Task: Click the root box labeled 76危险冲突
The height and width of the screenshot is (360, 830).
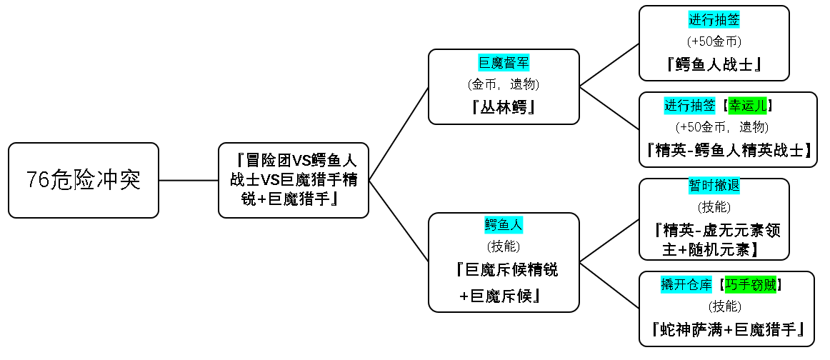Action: (x=84, y=180)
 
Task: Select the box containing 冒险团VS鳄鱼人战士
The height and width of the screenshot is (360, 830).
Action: (x=294, y=180)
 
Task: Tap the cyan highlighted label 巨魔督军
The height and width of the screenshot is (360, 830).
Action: (x=504, y=63)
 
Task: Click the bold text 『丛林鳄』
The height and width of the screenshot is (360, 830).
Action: (x=504, y=107)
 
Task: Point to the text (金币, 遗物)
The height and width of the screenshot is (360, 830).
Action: (x=504, y=84)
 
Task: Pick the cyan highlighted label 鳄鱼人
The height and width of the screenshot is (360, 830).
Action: (x=504, y=225)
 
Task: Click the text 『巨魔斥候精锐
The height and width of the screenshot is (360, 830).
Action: (x=506, y=270)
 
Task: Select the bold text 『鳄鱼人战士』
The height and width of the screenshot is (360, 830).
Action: (x=714, y=64)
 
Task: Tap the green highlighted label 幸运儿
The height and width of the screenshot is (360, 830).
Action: (x=747, y=106)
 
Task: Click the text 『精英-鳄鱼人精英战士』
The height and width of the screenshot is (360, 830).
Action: (x=729, y=150)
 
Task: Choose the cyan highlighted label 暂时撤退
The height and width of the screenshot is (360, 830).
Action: (x=714, y=185)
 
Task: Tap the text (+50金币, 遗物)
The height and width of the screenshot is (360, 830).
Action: (x=722, y=127)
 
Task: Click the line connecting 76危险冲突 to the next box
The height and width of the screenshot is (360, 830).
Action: (x=189, y=180)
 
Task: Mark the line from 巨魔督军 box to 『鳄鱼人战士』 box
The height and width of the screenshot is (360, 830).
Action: (x=609, y=65)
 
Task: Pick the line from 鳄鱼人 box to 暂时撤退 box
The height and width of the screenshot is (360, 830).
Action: (x=609, y=241)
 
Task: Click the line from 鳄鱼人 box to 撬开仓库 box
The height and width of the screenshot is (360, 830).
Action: (x=609, y=285)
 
